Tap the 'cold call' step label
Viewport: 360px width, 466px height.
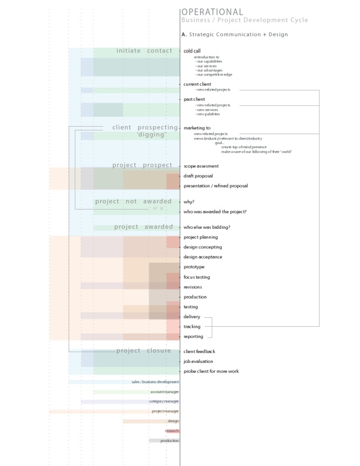tap(192, 51)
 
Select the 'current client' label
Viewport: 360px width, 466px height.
tap(197, 84)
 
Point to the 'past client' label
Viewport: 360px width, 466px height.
tap(194, 99)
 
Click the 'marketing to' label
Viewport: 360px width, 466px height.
tap(197, 128)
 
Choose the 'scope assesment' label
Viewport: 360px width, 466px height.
tap(201, 166)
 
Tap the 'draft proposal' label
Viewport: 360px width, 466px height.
tap(198, 176)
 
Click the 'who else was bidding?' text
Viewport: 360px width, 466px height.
tap(207, 227)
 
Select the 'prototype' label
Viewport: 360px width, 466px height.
tap(194, 267)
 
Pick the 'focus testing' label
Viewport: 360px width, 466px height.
tap(197, 277)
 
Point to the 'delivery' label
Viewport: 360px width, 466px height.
tap(192, 317)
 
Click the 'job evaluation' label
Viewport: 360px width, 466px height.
tap(198, 361)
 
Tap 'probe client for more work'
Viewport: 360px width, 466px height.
tap(211, 371)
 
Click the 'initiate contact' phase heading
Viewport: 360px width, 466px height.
tap(144, 51)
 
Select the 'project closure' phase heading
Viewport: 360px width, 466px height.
tap(143, 351)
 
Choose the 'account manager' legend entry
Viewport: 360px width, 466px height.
tap(165, 391)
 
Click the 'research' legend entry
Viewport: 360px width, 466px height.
tap(172, 431)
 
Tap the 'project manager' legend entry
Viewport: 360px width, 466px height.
tap(165, 411)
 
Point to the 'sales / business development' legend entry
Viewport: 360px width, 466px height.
tap(155, 382)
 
